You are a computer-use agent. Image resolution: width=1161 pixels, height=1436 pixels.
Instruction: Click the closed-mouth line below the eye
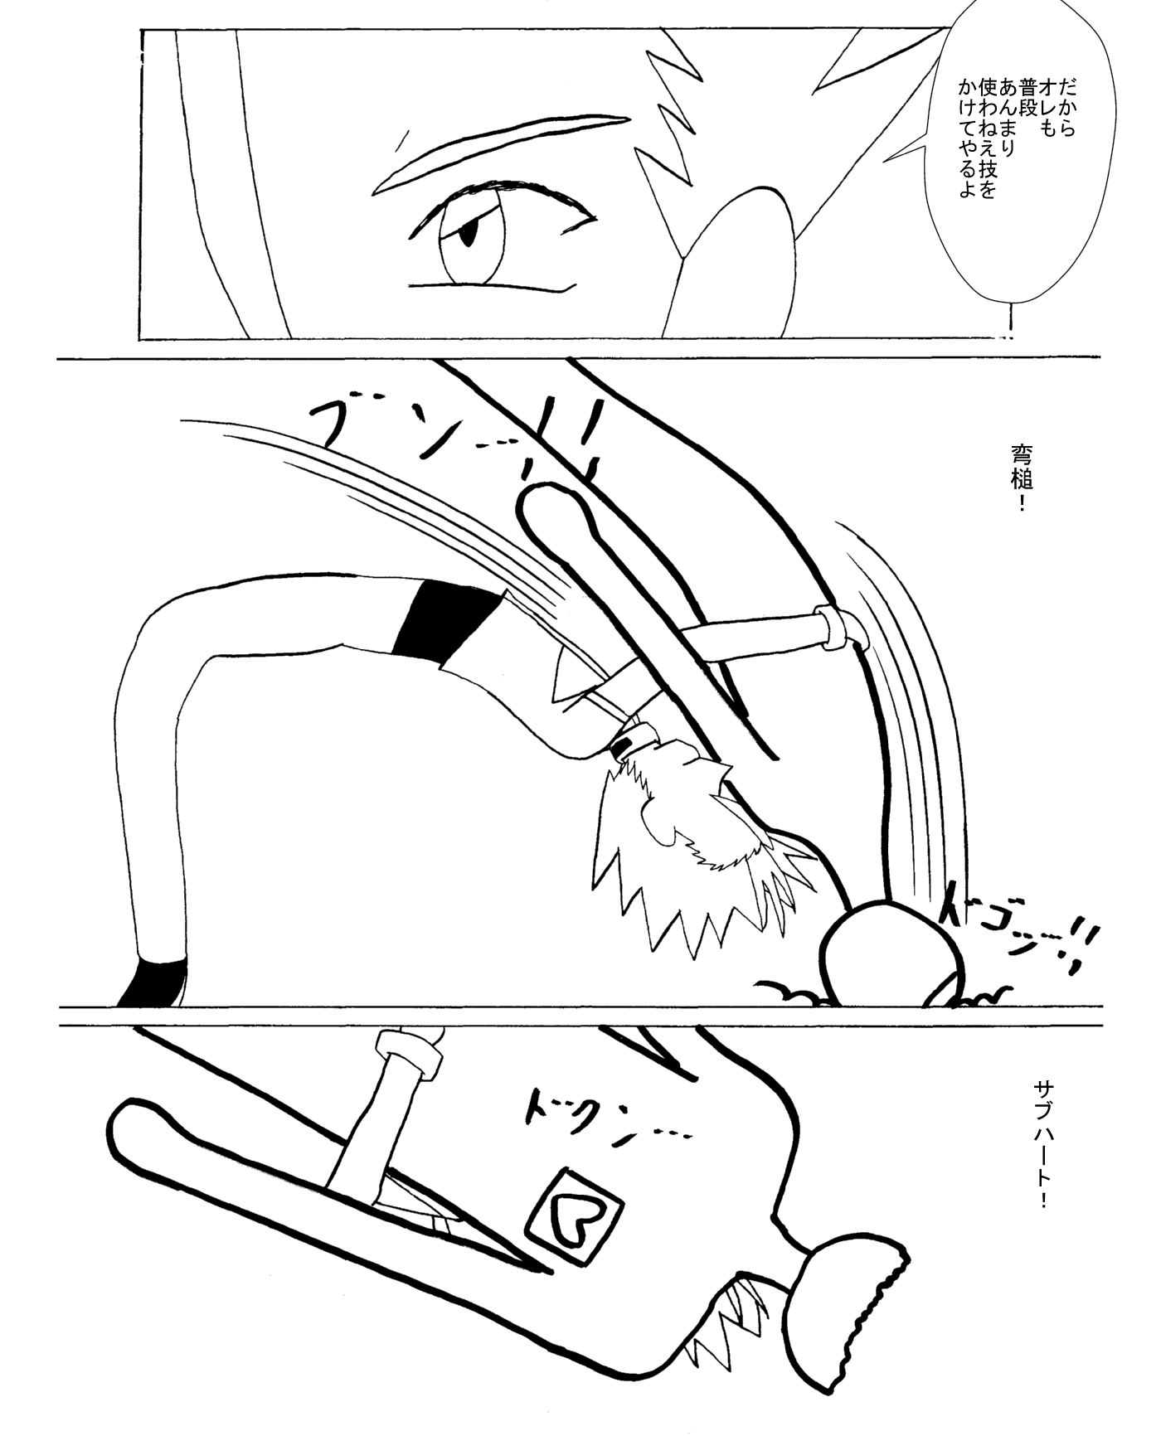pos(489,288)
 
